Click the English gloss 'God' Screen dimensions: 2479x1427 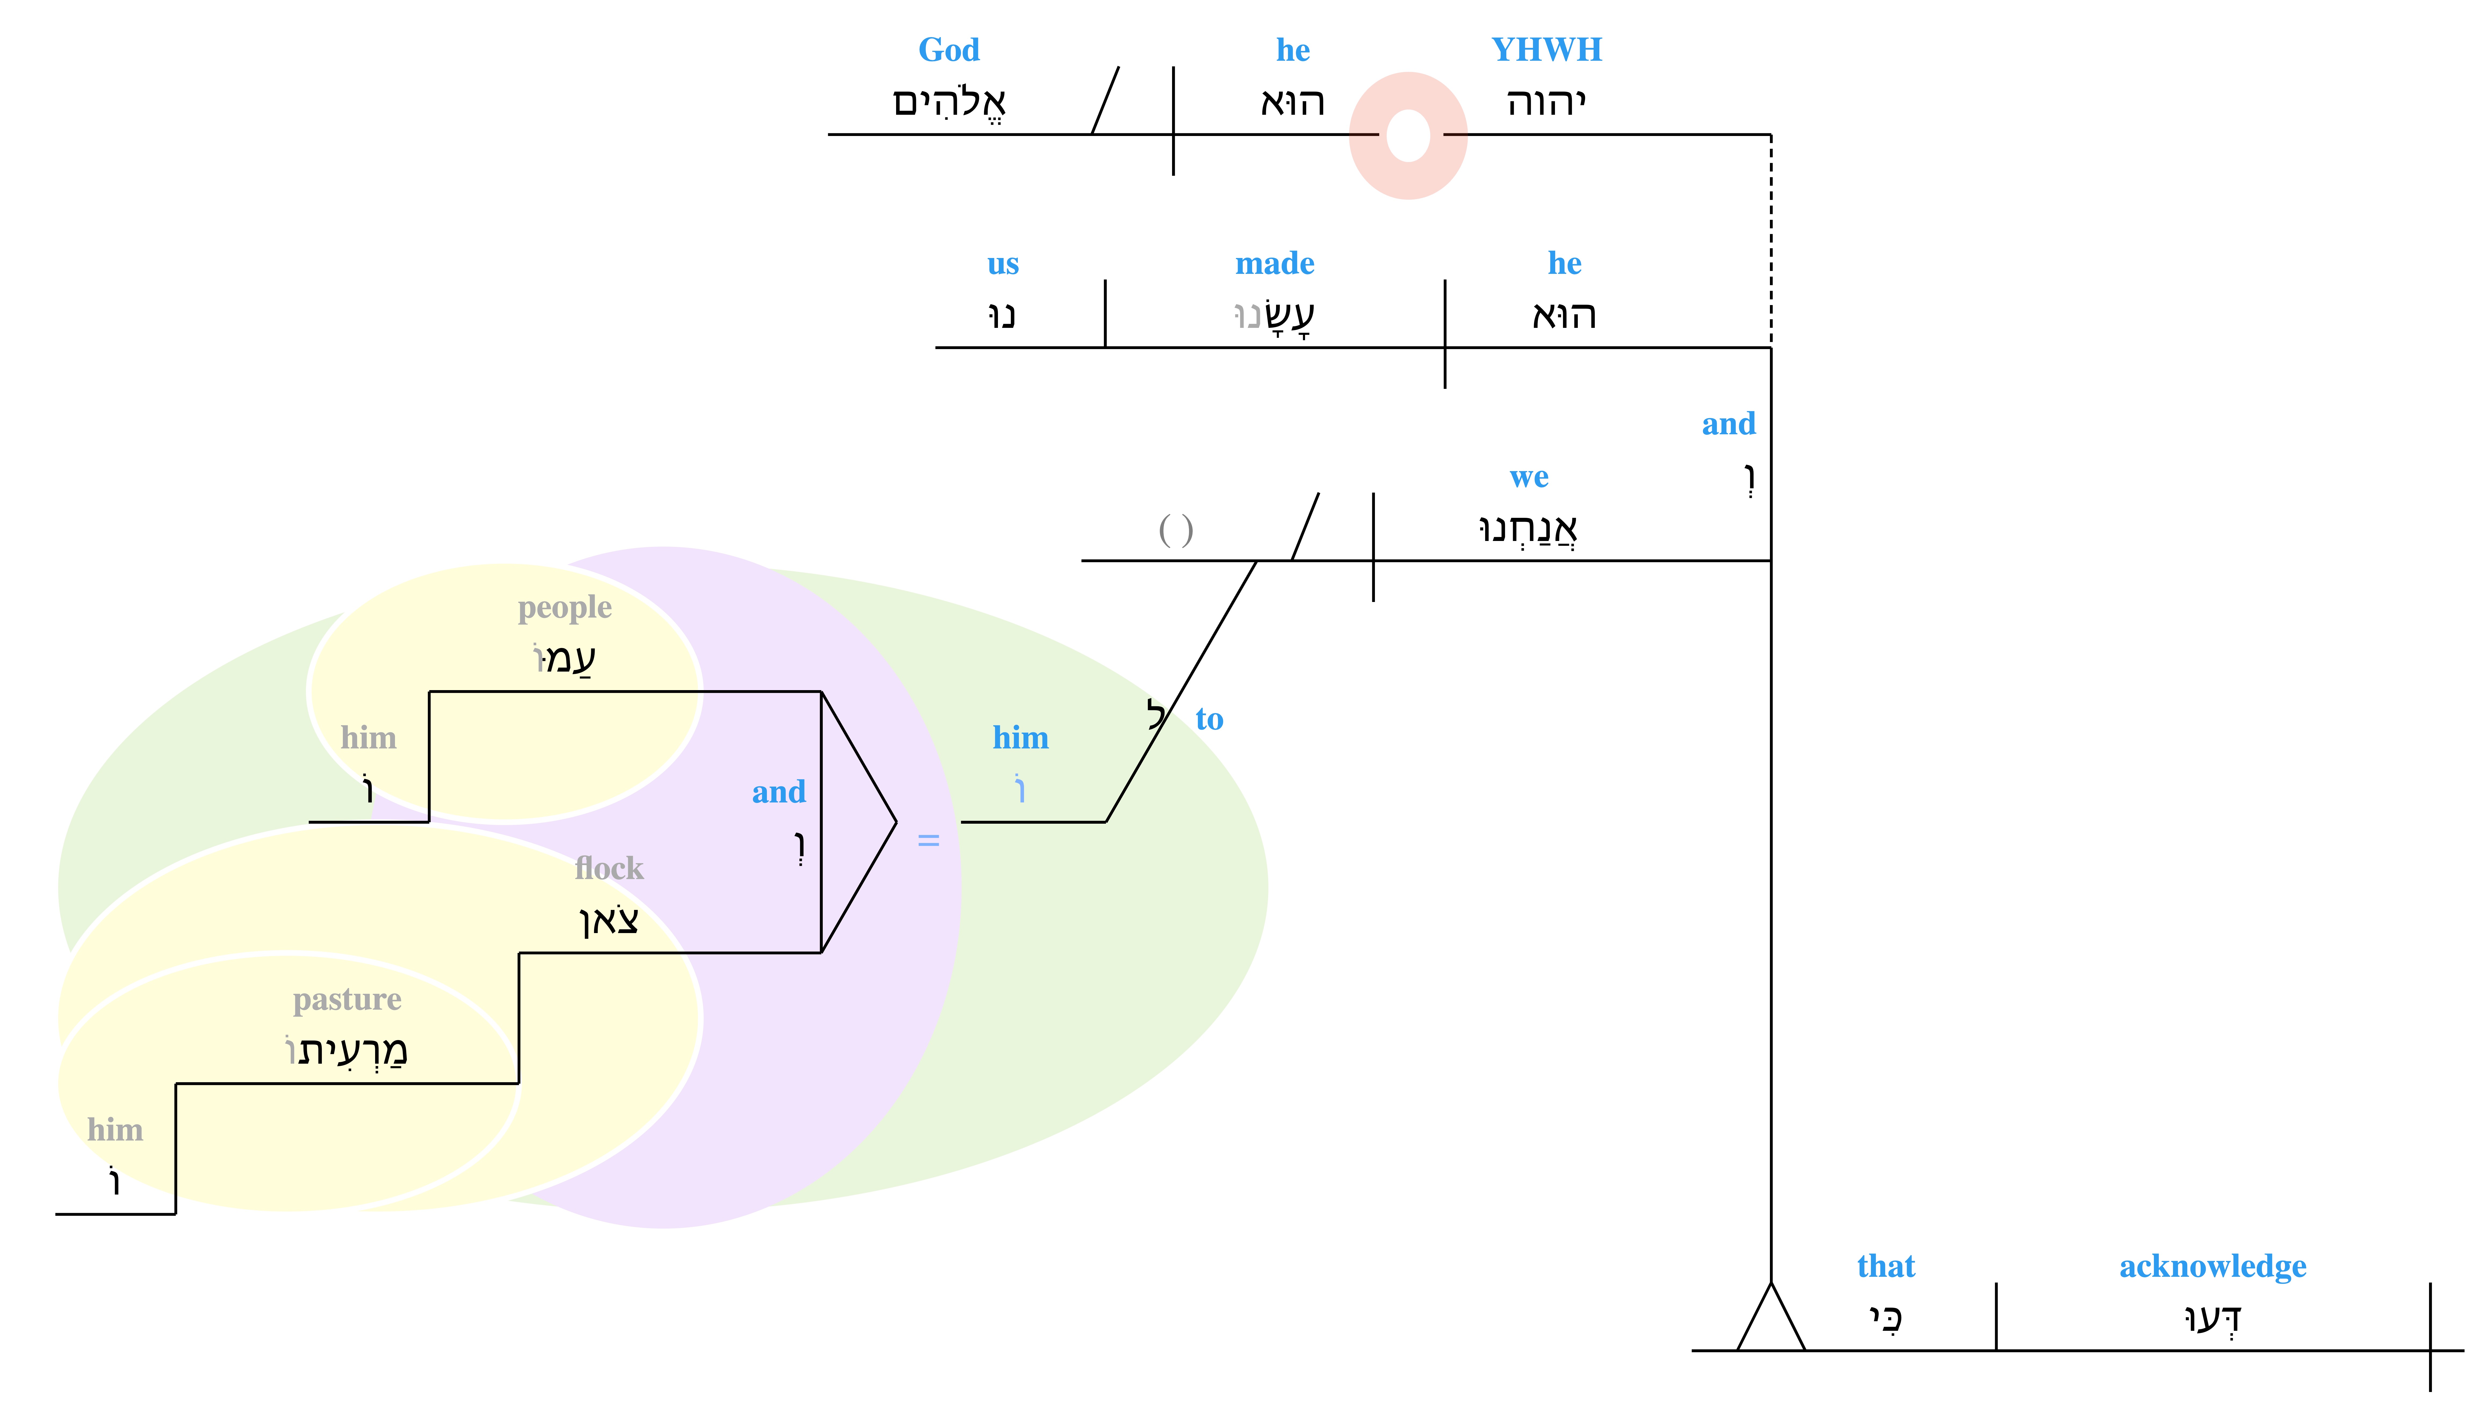(949, 50)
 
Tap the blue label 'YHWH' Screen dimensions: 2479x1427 (1546, 50)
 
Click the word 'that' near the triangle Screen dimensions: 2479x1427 (1885, 1266)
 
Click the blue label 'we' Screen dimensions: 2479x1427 (1529, 478)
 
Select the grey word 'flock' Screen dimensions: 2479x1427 (609, 868)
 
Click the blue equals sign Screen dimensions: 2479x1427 (928, 840)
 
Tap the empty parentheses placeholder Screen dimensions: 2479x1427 (1176, 530)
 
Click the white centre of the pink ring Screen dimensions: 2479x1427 (1408, 135)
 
